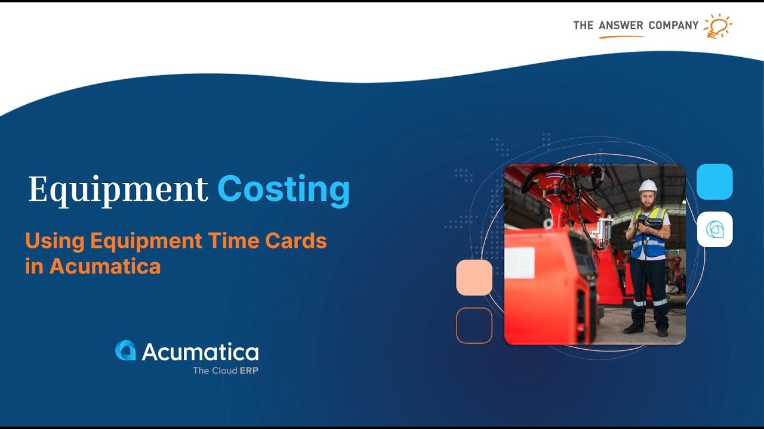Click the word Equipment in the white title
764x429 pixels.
118,189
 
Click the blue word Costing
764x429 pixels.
283,189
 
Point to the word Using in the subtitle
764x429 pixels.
55,241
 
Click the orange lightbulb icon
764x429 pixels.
717,26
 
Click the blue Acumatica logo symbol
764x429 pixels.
125,350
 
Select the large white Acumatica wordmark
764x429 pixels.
200,352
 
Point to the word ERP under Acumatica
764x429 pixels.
249,371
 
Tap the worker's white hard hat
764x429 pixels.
648,185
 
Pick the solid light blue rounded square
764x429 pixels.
714,182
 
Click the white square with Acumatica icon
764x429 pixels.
714,229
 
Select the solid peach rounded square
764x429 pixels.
474,278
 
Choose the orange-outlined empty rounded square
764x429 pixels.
474,325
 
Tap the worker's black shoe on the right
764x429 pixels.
663,332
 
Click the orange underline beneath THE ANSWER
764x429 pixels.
621,36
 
